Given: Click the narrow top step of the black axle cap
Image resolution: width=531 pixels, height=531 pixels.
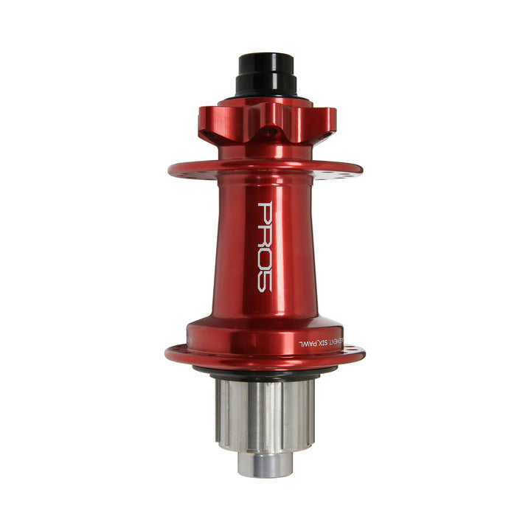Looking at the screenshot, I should pos(265,60).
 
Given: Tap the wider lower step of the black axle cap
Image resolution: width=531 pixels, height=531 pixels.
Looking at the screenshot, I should pos(265,84).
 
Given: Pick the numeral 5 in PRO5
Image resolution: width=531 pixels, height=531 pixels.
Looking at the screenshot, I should pos(265,281).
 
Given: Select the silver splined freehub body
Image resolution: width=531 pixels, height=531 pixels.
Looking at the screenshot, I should pos(265,413).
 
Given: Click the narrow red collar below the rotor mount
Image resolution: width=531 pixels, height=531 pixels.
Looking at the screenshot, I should pos(265,152).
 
